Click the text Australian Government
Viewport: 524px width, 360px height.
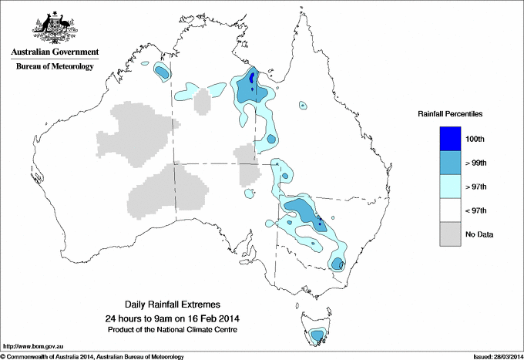pyautogui.click(x=54, y=52)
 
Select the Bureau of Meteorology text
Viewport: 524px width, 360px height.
pyautogui.click(x=54, y=66)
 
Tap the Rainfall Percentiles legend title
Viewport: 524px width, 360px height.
pyautogui.click(x=450, y=114)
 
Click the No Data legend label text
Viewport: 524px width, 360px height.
pyautogui.click(x=479, y=234)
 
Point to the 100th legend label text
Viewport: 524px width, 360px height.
pyautogui.click(x=475, y=138)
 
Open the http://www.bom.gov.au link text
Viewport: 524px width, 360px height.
pyautogui.click(x=32, y=347)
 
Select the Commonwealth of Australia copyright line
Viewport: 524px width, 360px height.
pyautogui.click(x=92, y=356)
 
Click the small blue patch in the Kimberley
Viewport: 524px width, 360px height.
pyautogui.click(x=162, y=72)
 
